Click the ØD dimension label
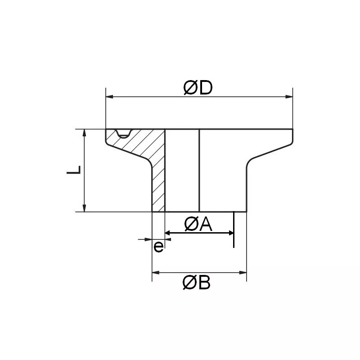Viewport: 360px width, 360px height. coord(198,88)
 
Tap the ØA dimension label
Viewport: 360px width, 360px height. coord(198,224)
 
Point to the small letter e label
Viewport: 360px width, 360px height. coord(158,246)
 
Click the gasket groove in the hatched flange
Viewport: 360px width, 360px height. coord(122,134)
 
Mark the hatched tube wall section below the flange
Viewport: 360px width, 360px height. coord(158,189)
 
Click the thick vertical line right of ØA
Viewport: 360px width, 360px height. coord(234,229)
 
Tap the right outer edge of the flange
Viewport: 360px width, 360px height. coord(292,137)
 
